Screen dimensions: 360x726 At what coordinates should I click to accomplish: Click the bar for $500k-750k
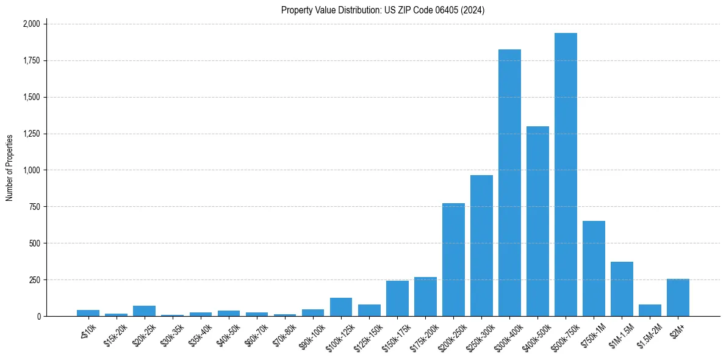coord(566,175)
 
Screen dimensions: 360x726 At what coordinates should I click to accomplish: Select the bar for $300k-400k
coord(509,183)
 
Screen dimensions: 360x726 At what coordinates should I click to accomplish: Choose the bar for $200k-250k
coord(453,260)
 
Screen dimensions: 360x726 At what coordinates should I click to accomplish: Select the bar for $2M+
coord(678,298)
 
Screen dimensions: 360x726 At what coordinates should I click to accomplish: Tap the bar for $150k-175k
coord(397,298)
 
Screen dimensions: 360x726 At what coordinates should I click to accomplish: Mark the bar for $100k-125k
coord(341,307)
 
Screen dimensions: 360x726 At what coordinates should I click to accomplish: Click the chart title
coord(383,10)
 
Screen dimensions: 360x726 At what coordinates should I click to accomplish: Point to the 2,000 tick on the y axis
coord(31,24)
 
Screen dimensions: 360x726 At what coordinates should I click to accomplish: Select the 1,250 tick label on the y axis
coord(31,134)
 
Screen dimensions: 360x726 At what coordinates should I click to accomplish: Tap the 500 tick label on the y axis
coord(35,243)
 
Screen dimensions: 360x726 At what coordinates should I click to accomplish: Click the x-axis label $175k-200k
coord(422,334)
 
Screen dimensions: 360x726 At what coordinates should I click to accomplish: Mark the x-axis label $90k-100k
coord(311,334)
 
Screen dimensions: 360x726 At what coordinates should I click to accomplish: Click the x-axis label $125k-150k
coord(366,334)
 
